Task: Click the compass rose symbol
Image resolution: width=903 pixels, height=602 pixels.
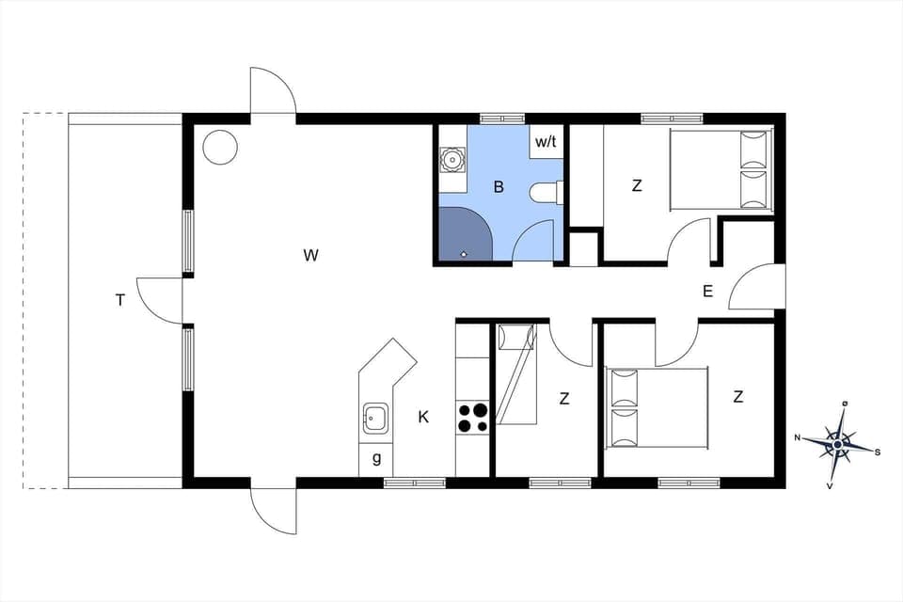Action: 838,441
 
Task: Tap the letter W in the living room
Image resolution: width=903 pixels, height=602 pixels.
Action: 311,255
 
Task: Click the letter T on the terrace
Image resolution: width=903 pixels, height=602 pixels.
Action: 119,300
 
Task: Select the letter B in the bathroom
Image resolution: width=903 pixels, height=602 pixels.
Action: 499,187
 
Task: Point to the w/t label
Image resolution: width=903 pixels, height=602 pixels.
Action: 545,142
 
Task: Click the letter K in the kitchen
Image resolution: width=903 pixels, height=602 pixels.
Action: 423,417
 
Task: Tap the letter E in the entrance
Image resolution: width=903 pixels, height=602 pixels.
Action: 707,292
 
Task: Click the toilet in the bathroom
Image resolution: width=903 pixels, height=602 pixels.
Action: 546,193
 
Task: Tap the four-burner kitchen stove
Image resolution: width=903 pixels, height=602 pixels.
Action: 473,418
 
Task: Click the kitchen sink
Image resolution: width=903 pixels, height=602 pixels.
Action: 376,417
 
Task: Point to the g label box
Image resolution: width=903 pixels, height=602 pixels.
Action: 376,458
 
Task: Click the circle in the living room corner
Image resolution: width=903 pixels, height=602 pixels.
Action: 220,147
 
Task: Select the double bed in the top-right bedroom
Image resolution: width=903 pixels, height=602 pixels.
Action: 721,169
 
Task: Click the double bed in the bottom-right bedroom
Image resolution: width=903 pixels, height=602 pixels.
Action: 658,406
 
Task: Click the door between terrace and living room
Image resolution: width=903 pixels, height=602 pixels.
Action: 161,302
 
